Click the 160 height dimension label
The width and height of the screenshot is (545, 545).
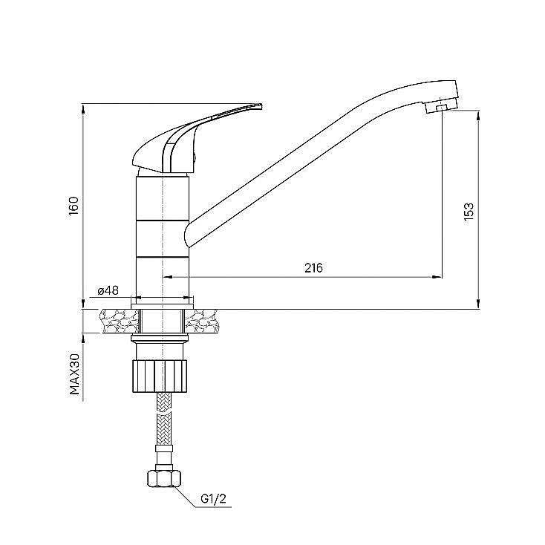click(x=74, y=206)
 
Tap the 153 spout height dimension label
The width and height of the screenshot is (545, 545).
click(x=469, y=212)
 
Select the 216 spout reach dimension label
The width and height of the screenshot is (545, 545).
click(x=313, y=268)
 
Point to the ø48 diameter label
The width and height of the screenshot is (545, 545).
click(x=108, y=290)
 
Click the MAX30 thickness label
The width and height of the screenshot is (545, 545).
click(x=75, y=374)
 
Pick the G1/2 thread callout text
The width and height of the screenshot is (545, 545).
click(x=213, y=499)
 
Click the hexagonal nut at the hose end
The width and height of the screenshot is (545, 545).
click(x=163, y=478)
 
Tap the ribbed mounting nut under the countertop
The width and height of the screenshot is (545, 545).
click(x=160, y=376)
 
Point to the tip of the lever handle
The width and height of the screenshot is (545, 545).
click(x=261, y=105)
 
